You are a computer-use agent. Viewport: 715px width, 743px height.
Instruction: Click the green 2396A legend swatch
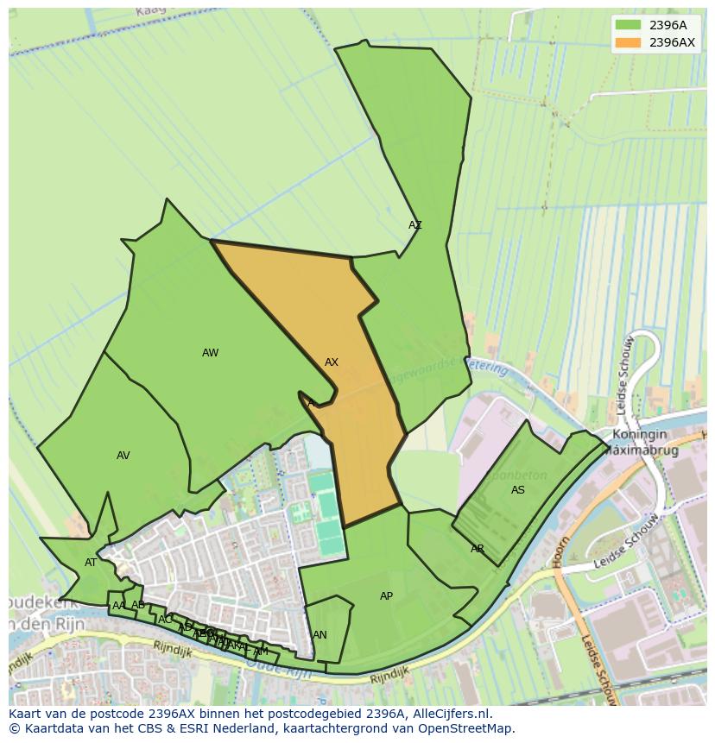click(628, 25)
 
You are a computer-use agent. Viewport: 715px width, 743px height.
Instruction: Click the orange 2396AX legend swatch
click(628, 42)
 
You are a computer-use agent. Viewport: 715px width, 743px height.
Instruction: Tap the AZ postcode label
click(415, 225)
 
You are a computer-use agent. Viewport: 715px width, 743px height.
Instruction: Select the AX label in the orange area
click(332, 362)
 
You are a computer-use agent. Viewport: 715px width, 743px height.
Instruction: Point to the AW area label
click(210, 352)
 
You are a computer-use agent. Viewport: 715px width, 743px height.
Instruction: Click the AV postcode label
click(123, 456)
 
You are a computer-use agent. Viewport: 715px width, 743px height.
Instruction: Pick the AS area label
click(518, 490)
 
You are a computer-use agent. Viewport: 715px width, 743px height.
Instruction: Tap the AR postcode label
click(478, 549)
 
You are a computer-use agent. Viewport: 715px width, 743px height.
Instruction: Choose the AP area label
click(386, 596)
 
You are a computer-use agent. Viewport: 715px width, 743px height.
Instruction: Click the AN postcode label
click(320, 635)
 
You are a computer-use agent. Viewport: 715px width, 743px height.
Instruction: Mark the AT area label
click(91, 563)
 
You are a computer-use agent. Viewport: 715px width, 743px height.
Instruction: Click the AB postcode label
click(137, 605)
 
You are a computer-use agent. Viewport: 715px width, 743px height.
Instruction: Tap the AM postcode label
click(261, 651)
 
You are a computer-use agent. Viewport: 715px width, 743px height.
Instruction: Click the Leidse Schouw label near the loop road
click(625, 366)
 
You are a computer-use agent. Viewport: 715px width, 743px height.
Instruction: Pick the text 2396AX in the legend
click(672, 42)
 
